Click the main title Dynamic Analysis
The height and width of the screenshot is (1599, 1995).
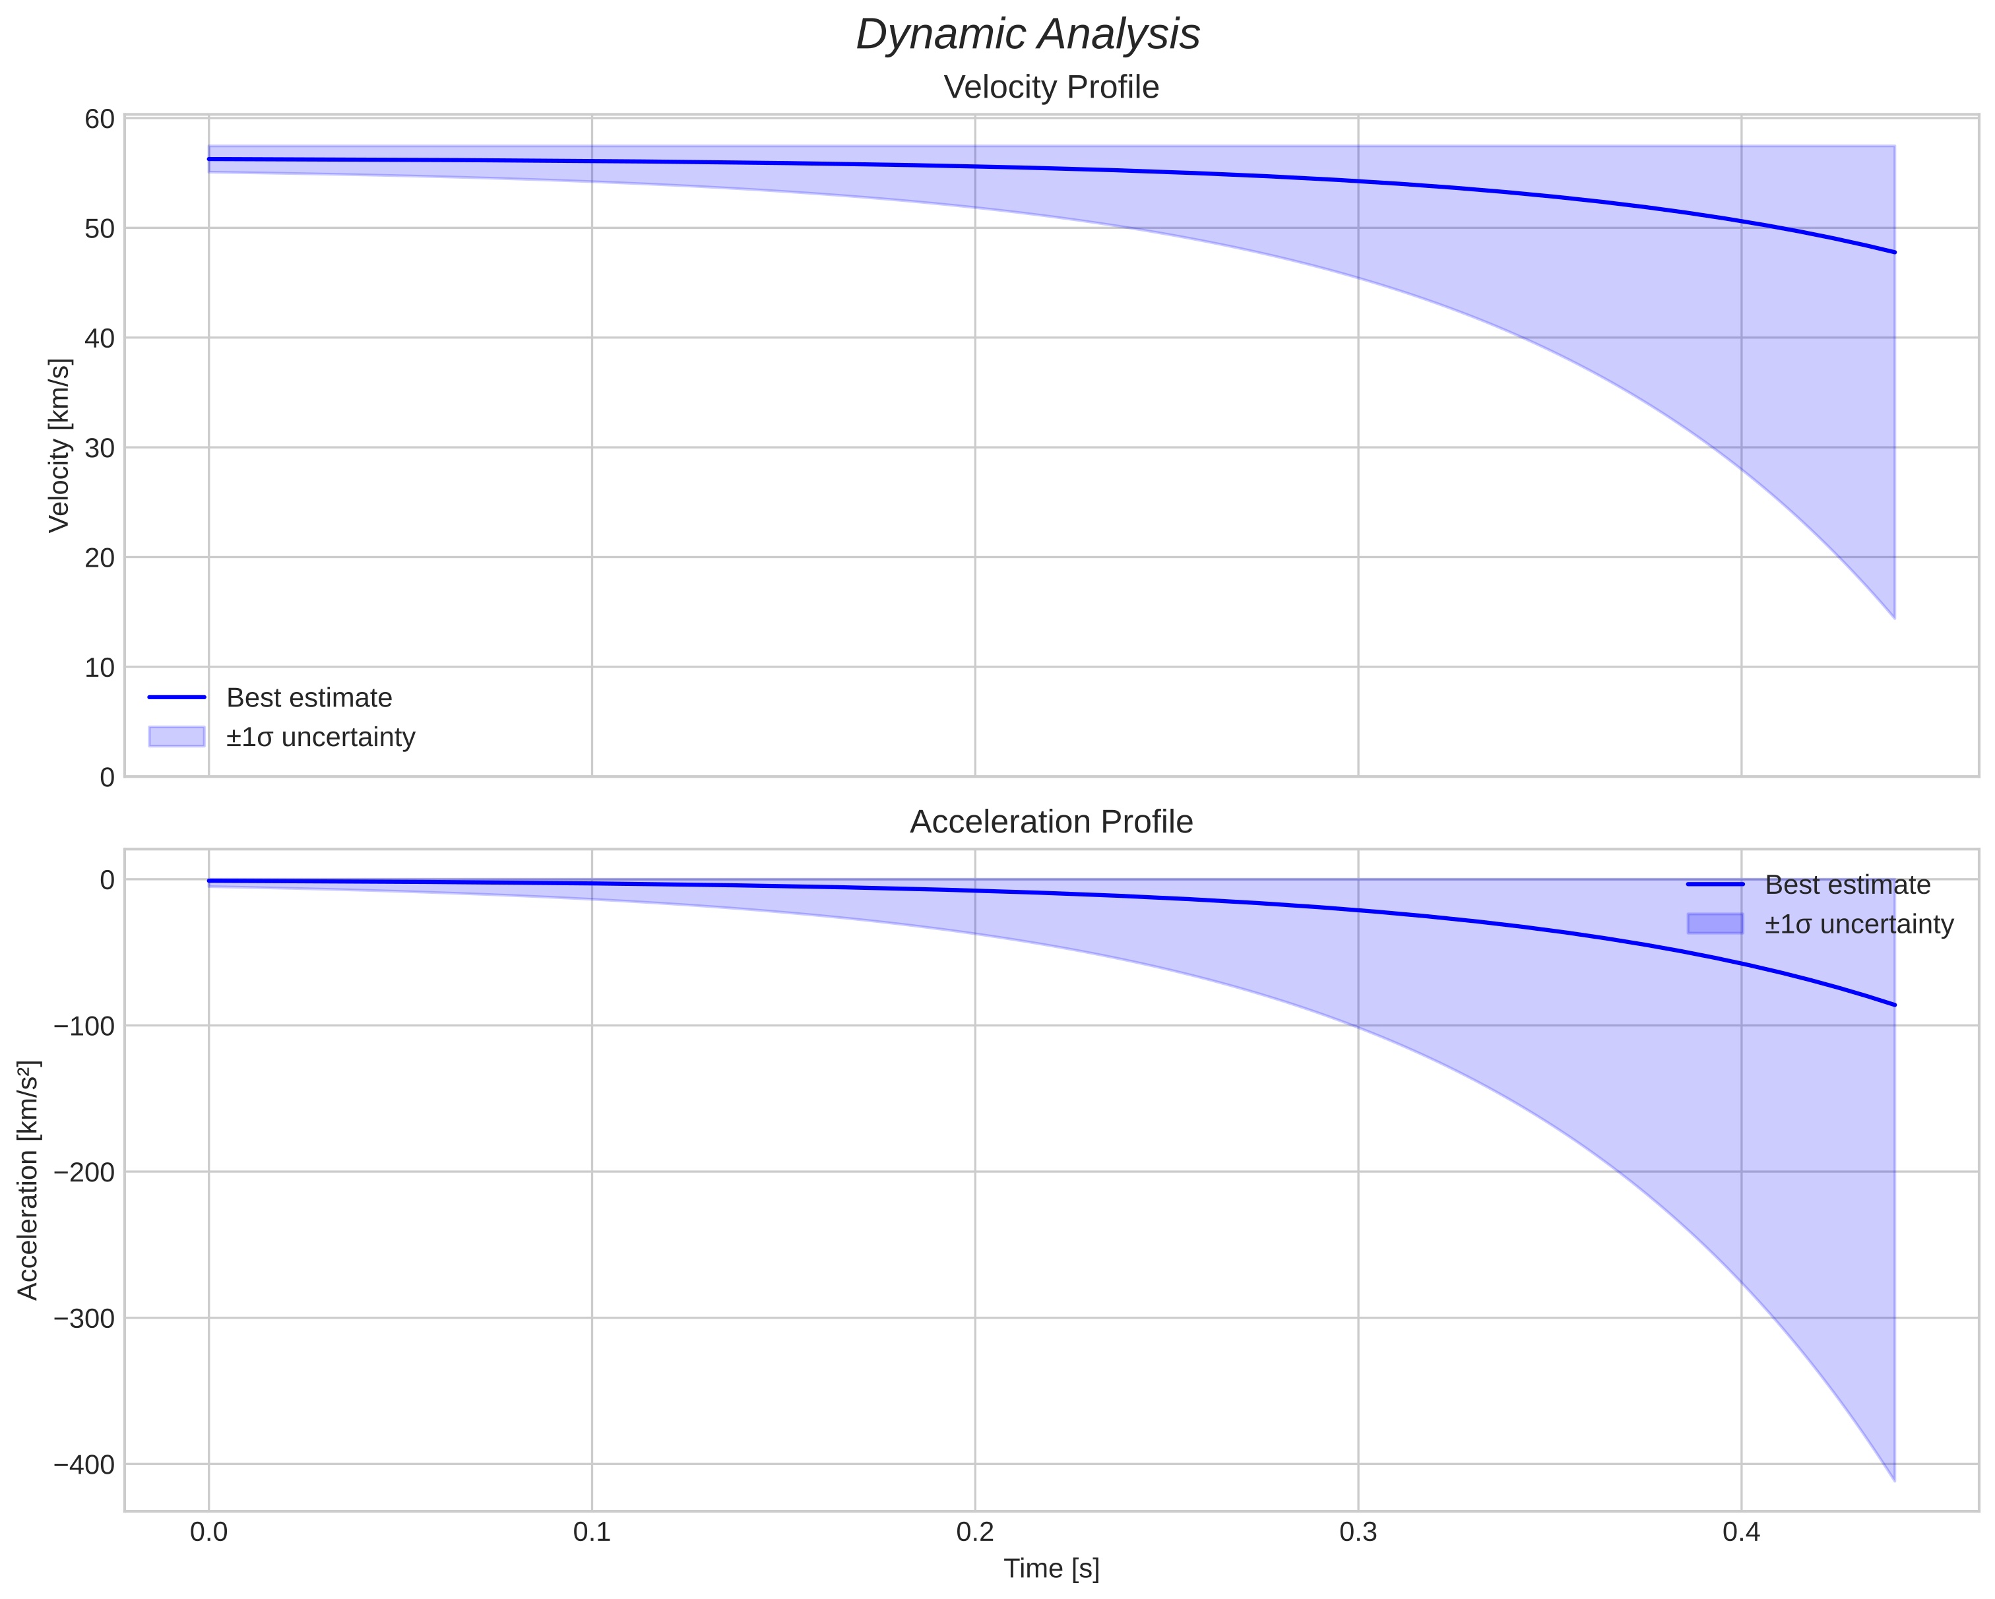click(x=1028, y=35)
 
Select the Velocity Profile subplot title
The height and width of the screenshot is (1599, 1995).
click(x=1051, y=88)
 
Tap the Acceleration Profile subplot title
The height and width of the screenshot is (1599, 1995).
click(x=1051, y=822)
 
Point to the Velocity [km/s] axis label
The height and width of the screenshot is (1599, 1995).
click(x=59, y=445)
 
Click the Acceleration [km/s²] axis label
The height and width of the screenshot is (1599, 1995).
click(x=28, y=1180)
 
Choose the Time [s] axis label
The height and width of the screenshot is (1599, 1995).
click(x=1051, y=1569)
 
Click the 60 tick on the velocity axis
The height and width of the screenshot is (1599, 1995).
click(x=99, y=119)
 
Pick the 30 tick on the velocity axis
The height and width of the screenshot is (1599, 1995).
click(x=99, y=448)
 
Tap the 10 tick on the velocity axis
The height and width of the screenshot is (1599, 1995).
click(x=99, y=667)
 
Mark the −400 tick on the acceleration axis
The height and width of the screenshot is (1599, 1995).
click(x=85, y=1465)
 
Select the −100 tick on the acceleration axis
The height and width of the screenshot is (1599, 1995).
click(x=85, y=1026)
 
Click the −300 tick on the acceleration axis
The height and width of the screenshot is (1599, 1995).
click(x=85, y=1319)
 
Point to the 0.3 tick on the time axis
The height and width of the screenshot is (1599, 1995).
click(x=1358, y=1532)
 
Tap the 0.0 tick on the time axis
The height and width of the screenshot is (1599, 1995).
click(x=209, y=1532)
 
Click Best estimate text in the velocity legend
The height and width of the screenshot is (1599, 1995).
click(x=309, y=698)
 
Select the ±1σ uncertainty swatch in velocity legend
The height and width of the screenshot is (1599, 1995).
click(x=177, y=737)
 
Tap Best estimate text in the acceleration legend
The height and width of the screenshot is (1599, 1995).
click(x=1847, y=885)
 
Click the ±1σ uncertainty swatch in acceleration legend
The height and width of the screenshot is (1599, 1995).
click(x=1715, y=924)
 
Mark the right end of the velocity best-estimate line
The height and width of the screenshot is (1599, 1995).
click(x=1894, y=252)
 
